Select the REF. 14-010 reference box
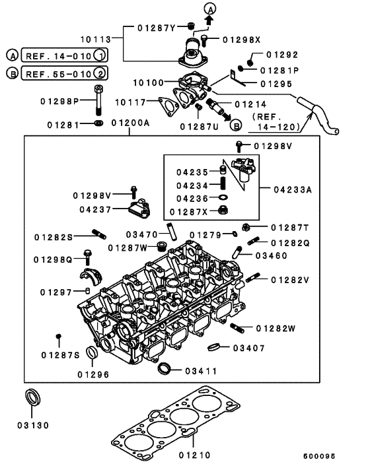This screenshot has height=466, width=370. (x=63, y=55)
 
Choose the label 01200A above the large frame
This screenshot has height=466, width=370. (x=130, y=123)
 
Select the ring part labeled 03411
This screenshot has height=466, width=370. (x=166, y=368)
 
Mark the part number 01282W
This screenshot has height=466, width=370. (x=276, y=327)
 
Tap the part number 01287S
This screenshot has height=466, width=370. (x=59, y=355)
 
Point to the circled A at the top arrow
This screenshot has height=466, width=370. (x=210, y=9)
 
